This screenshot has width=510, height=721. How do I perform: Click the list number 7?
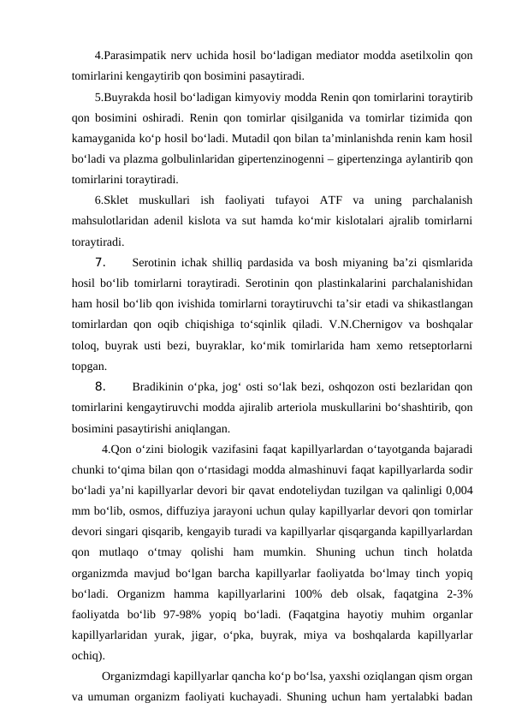(x=99, y=262)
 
